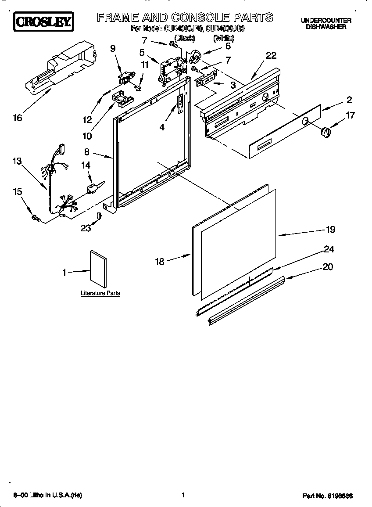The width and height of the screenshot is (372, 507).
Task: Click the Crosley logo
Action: (43, 22)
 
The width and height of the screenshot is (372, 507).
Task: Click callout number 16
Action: (17, 118)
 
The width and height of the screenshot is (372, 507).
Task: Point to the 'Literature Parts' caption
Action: (100, 293)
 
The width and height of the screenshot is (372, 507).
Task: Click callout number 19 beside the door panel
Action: (330, 230)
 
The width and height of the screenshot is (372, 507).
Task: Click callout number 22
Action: (271, 55)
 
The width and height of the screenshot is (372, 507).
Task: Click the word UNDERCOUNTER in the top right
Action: (326, 21)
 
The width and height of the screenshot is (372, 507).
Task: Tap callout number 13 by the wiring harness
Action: (17, 162)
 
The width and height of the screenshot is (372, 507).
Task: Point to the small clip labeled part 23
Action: (99, 216)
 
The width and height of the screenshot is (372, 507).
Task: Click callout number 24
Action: (329, 249)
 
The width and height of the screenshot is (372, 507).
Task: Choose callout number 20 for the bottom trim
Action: (327, 266)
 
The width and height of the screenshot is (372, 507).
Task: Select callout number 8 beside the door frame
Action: (87, 152)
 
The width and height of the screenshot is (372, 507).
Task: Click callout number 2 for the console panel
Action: (349, 100)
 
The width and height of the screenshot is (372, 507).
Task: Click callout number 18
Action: (159, 262)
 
